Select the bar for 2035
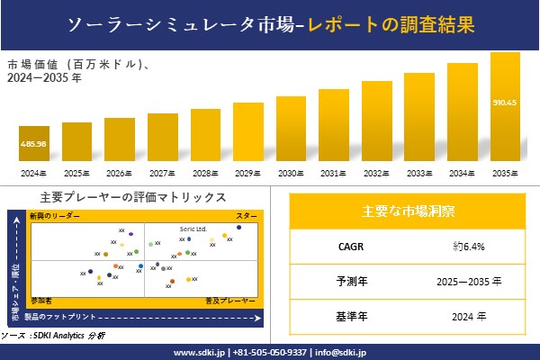click(505, 107)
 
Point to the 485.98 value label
click(33, 144)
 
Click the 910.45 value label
click(505, 102)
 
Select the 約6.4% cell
click(463, 246)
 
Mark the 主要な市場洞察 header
click(408, 211)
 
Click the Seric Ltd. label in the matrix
click(193, 229)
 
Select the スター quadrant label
click(247, 217)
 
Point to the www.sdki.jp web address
click(198, 352)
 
